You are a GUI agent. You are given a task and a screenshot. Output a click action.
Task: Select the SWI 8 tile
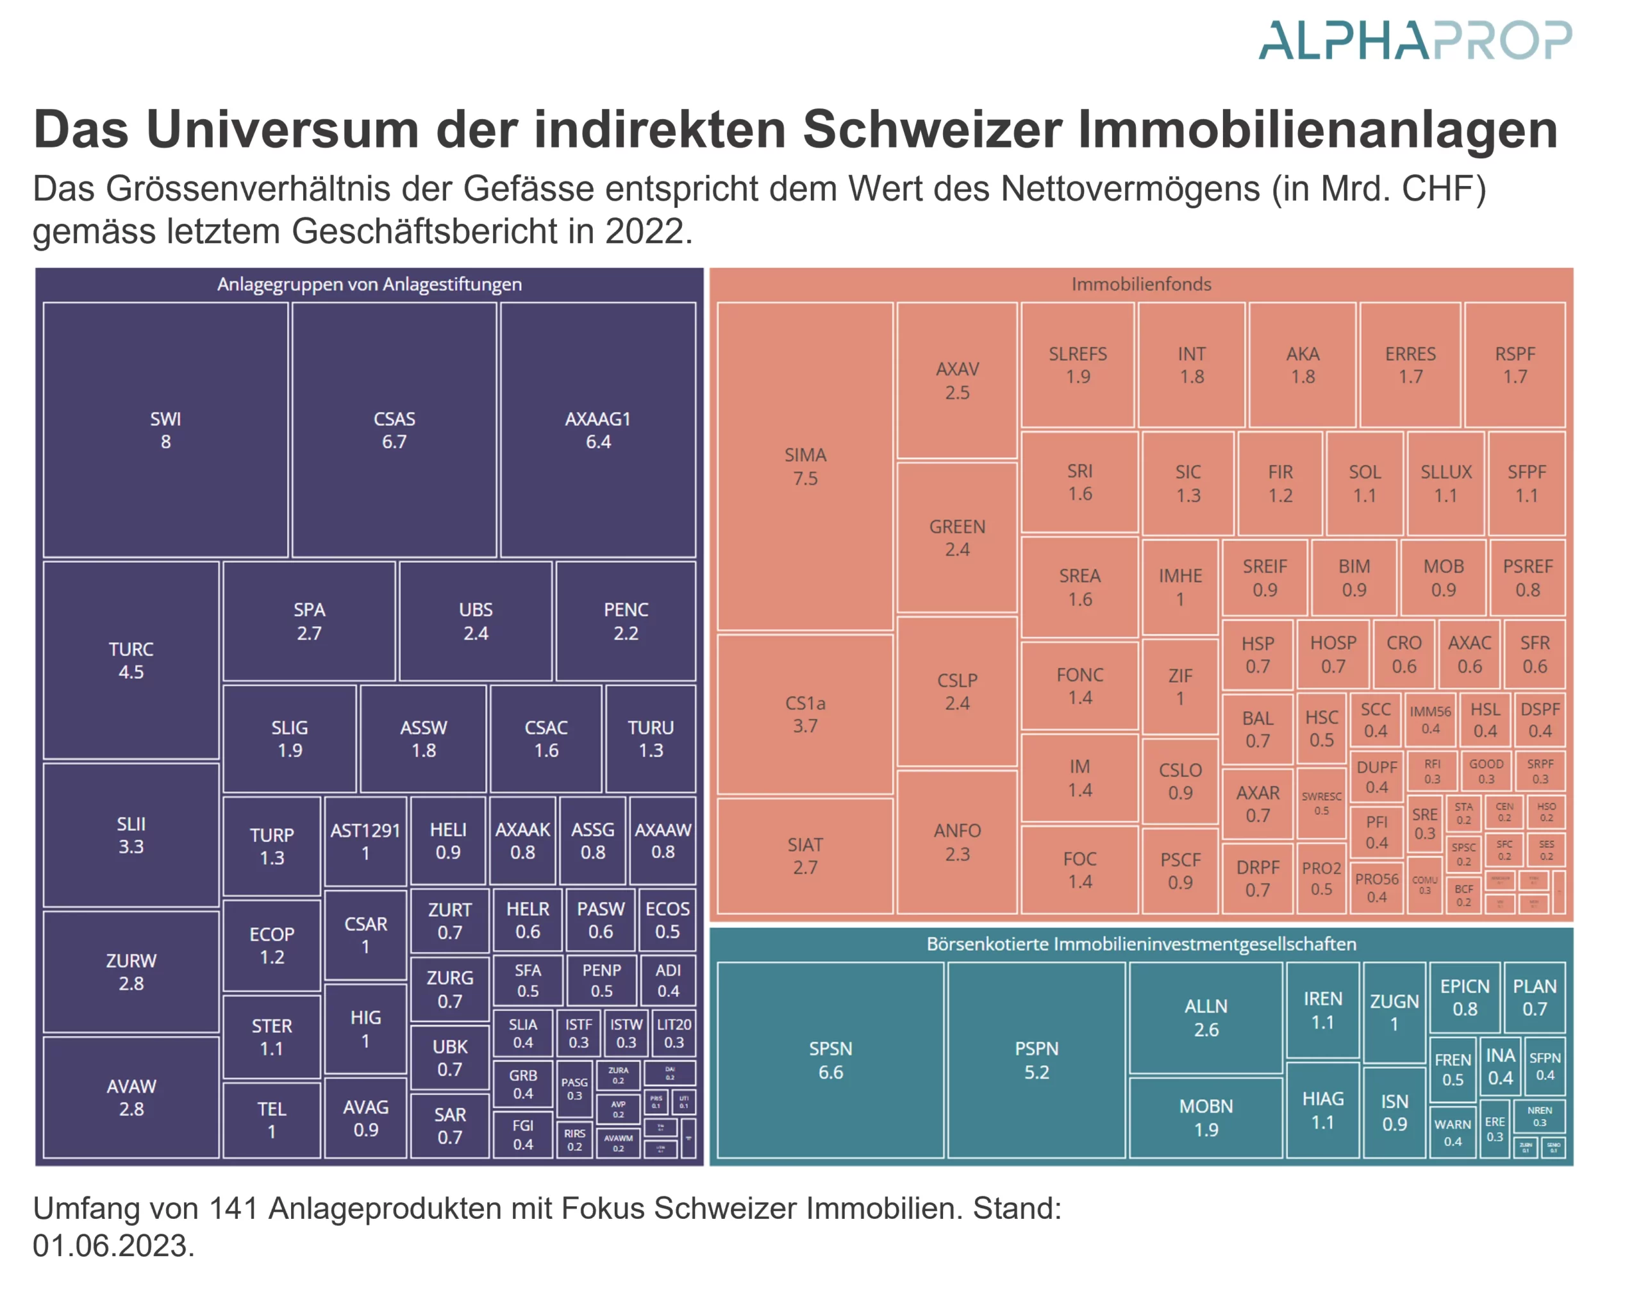click(165, 430)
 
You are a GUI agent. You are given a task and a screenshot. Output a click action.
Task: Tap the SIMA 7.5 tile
click(804, 466)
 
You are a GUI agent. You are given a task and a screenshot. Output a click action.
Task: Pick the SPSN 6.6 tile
click(829, 1060)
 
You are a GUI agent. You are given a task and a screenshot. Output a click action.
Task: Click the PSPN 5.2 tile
click(1036, 1060)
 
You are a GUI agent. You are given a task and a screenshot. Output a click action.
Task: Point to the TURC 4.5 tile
click(131, 660)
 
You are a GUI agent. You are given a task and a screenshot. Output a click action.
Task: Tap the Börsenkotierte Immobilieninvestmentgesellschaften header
click(1140, 944)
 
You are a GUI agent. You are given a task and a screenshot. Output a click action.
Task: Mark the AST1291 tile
click(365, 841)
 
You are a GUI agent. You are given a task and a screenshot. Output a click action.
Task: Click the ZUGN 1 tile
click(1394, 1012)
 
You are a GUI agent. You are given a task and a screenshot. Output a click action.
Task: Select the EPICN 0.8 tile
click(1464, 997)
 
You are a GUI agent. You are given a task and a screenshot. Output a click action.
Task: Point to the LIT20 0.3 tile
click(673, 1032)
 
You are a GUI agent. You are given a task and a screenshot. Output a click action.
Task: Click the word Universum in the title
click(282, 130)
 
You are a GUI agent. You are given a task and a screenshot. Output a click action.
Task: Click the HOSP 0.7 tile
click(1333, 653)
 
